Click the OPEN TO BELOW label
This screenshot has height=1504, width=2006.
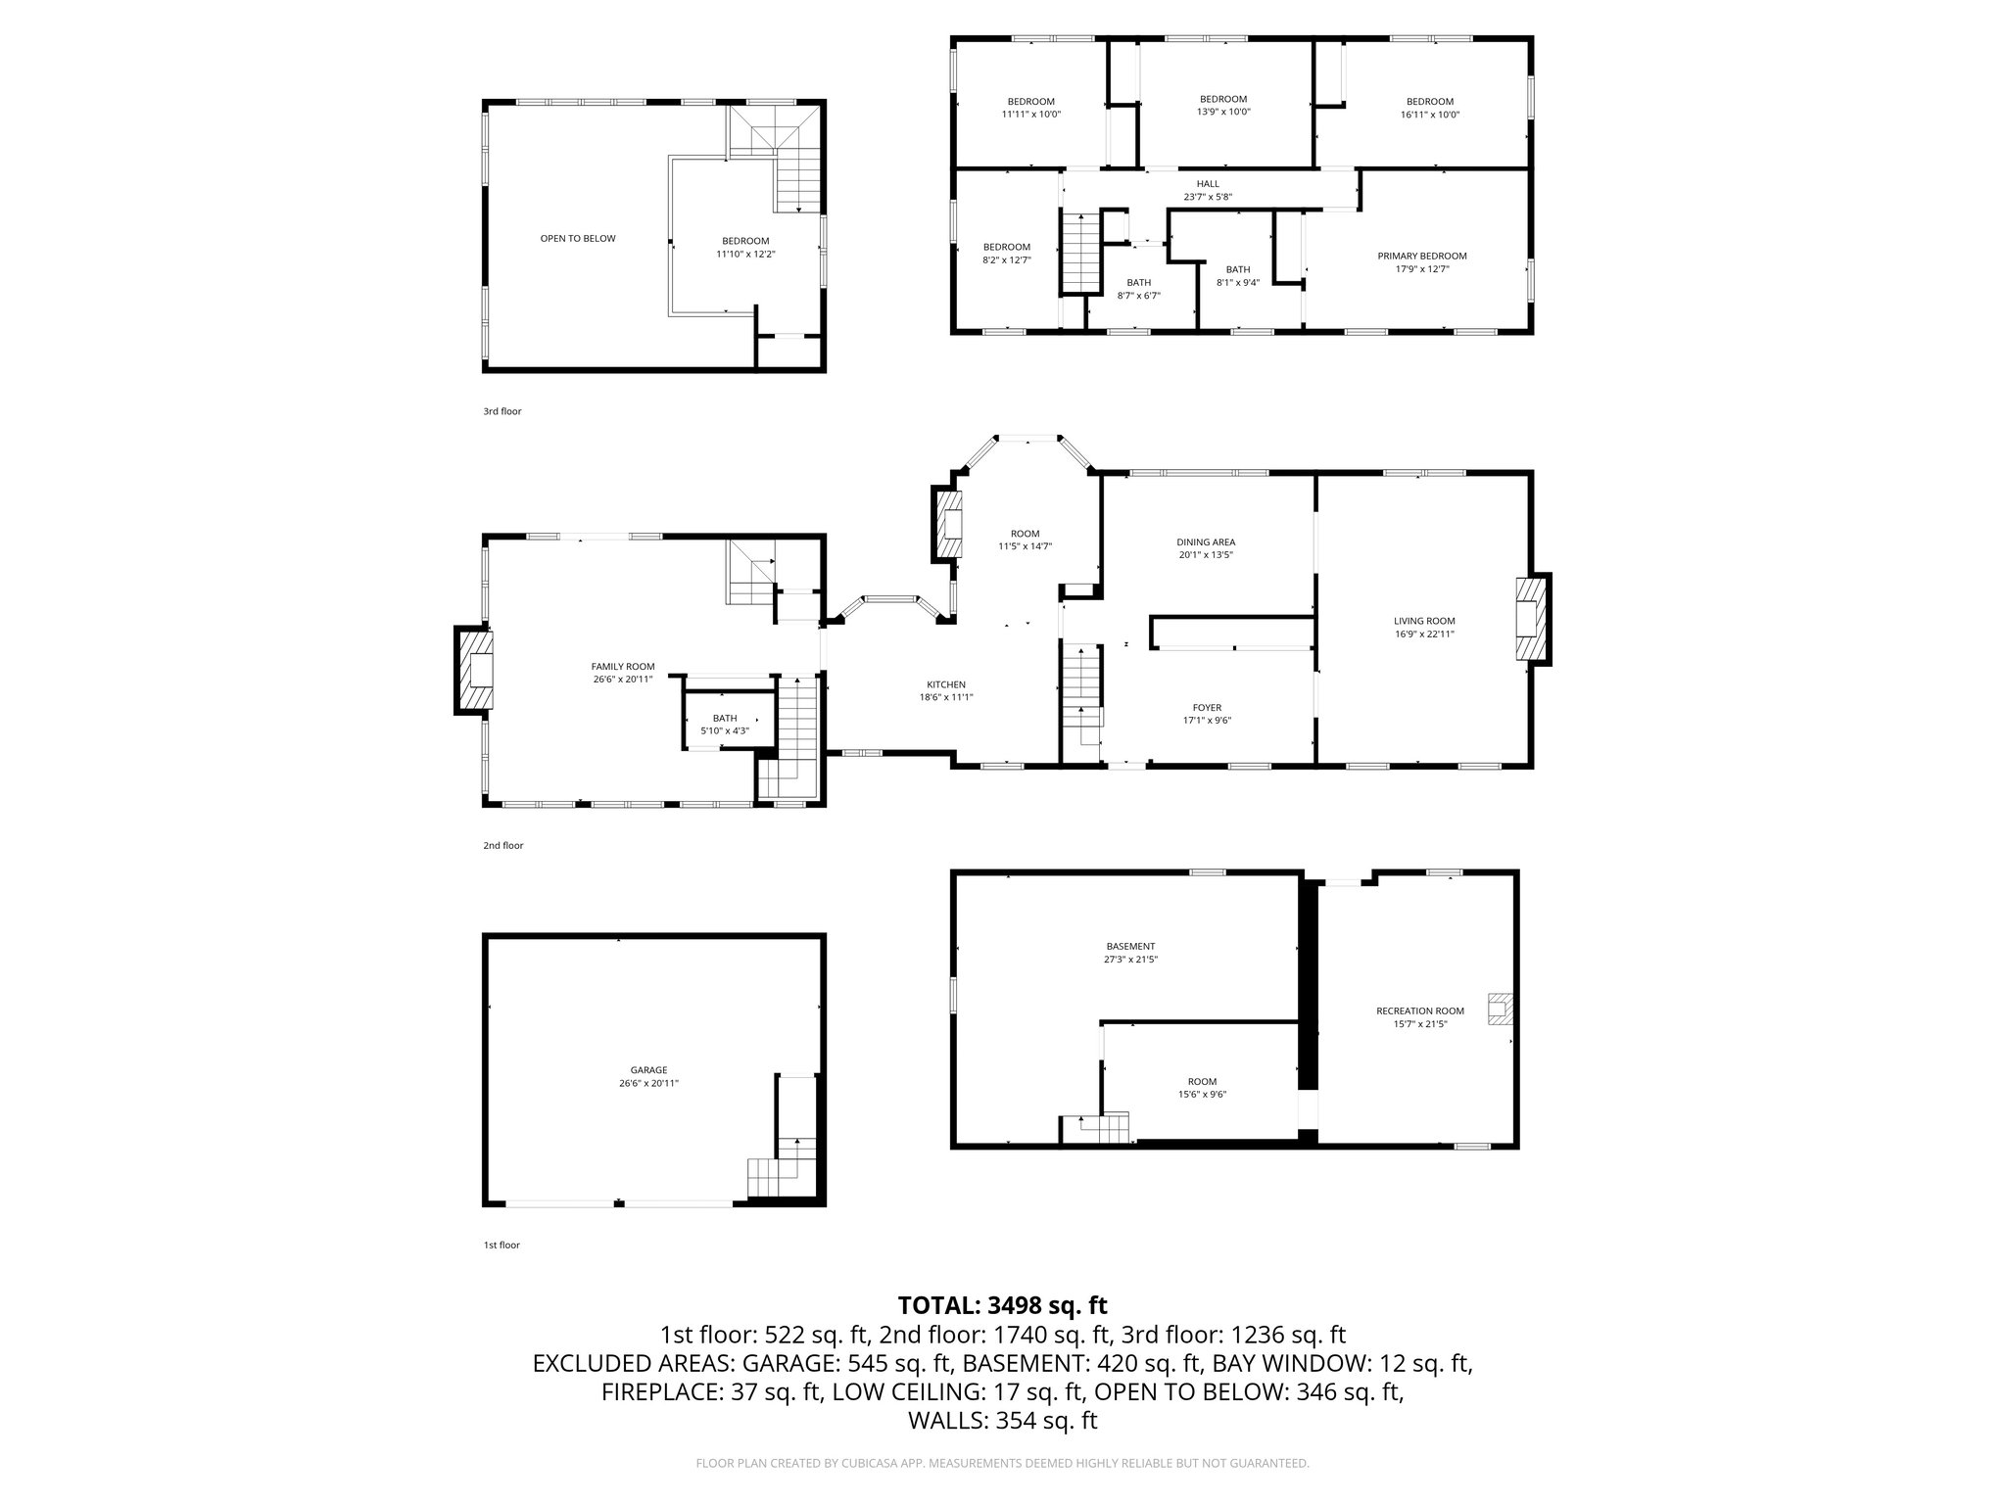578,239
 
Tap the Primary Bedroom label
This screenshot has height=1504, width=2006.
1421,257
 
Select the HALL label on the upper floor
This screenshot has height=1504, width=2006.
1208,184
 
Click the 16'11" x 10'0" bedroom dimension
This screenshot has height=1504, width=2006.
1429,115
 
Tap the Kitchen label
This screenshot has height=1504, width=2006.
946,684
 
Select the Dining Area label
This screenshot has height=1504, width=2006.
1206,541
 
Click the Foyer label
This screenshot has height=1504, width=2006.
1207,708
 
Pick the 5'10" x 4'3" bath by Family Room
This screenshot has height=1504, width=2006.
725,725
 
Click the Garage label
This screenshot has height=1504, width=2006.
648,1070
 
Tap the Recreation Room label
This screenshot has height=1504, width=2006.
1419,1010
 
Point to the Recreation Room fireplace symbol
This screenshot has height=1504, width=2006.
1499,1010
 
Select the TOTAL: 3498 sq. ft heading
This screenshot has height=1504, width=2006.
1002,1305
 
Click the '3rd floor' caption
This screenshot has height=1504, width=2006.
501,412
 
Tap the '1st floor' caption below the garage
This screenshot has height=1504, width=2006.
501,1245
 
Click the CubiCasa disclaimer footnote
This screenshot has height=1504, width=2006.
1002,1463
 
